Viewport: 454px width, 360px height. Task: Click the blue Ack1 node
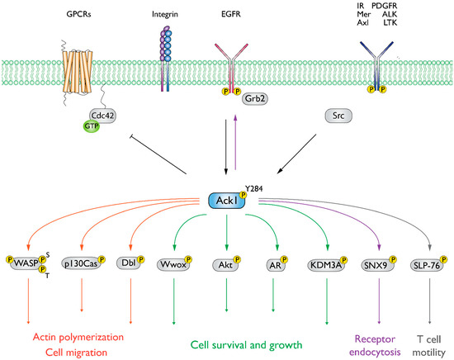point(223,201)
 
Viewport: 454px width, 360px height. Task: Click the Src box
point(345,117)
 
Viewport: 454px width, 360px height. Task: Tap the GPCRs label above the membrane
point(80,15)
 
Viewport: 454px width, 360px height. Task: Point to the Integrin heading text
point(165,15)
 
